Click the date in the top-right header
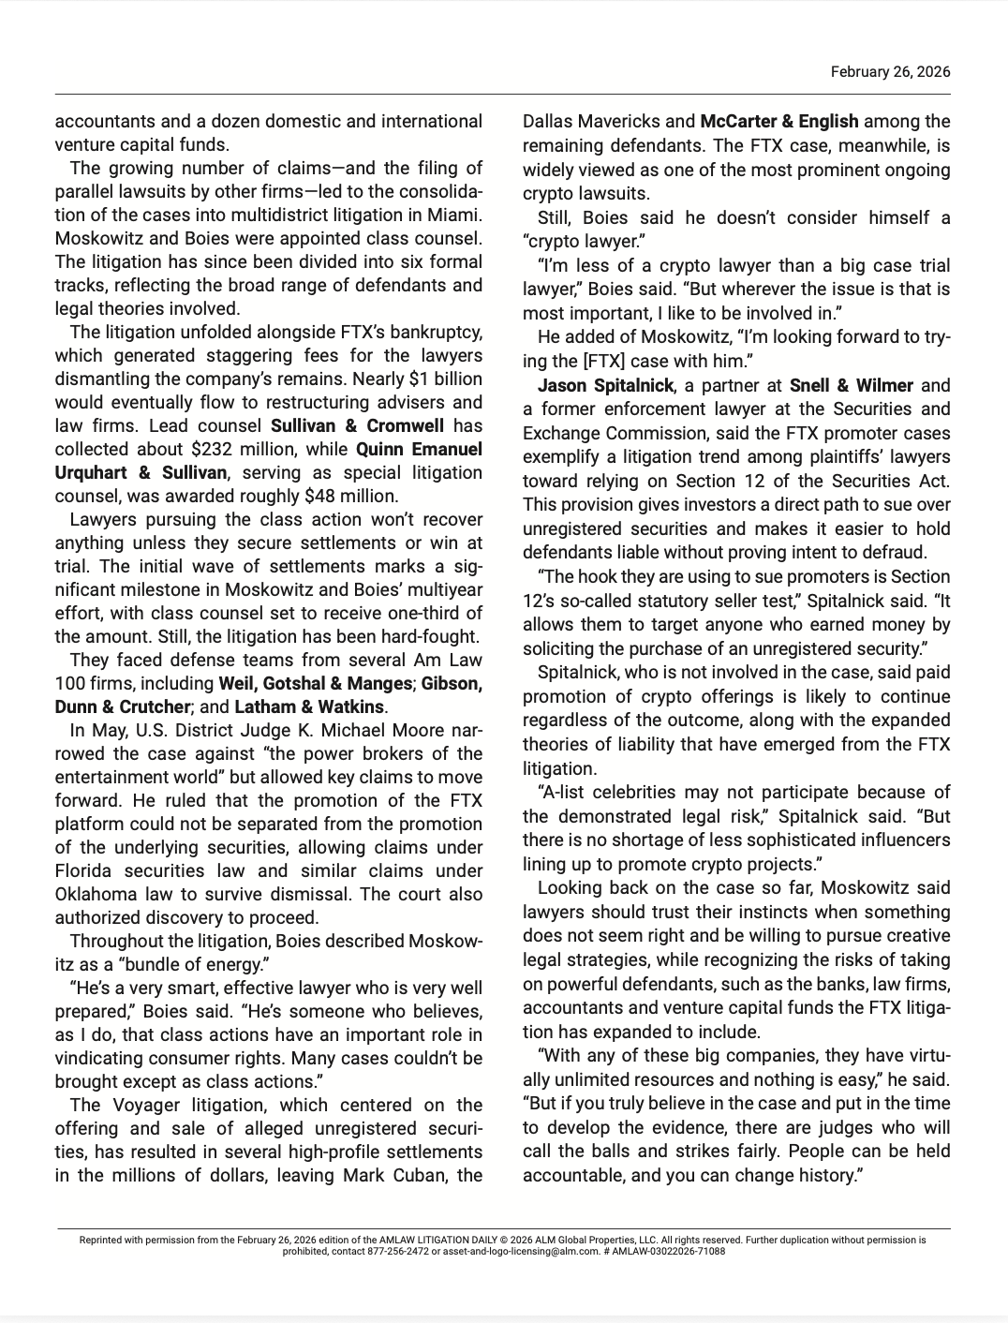(890, 72)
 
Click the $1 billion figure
(446, 379)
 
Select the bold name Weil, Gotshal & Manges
(315, 684)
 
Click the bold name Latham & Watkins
(309, 707)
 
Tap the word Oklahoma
(95, 895)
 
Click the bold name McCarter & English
(779, 122)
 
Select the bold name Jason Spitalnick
(606, 385)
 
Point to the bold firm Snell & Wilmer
(851, 385)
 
